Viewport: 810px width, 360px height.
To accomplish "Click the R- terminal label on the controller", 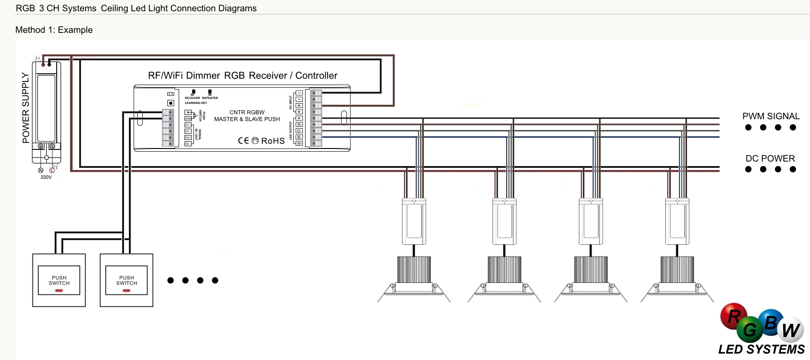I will click(299, 125).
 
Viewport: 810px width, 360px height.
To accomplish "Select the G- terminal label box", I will click(299, 131).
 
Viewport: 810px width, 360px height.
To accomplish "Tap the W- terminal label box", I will click(299, 144).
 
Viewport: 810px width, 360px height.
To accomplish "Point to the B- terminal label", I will click(299, 137).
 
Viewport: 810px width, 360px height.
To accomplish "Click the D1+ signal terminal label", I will click(188, 125).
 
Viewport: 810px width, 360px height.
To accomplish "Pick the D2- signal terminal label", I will click(188, 144).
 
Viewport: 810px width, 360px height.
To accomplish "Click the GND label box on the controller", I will click(188, 119).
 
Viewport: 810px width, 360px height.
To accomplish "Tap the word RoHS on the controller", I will click(273, 141).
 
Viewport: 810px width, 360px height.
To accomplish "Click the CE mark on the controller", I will click(243, 141).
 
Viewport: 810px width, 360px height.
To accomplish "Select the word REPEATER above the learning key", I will click(210, 98).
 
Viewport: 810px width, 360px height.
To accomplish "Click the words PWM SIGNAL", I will click(771, 116).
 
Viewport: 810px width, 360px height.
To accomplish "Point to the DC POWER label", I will click(770, 158).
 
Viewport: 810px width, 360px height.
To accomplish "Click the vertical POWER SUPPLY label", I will click(26, 108).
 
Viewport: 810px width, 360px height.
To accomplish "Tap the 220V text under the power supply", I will click(46, 177).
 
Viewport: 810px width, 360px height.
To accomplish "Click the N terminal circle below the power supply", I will click(40, 170).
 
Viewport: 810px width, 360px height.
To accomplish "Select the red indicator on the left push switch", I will click(59, 291).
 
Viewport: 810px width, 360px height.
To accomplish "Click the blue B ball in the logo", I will click(770, 322).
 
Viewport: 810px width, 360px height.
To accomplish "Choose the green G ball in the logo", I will click(750, 330).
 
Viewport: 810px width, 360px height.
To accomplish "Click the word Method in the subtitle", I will click(30, 30).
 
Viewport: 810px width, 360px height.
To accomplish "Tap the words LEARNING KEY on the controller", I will click(196, 103).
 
